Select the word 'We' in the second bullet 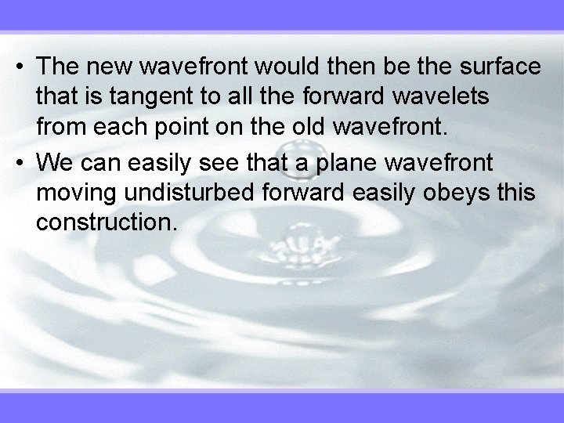coord(52,163)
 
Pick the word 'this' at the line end coord(517,193)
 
